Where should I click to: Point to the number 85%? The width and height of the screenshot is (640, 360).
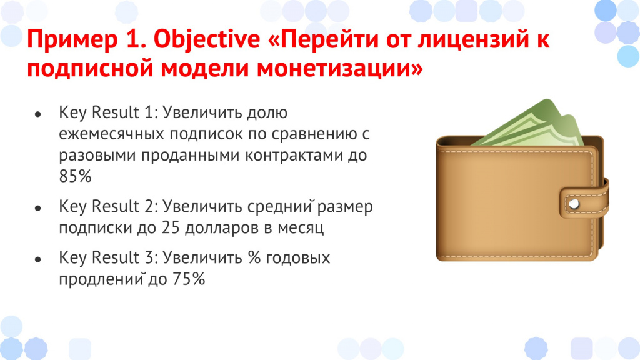tap(75, 176)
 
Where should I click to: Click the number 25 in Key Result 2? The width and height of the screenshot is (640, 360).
tap(171, 227)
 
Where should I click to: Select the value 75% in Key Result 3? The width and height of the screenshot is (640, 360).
tap(189, 279)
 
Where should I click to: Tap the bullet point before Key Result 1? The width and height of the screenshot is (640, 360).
tap(38, 115)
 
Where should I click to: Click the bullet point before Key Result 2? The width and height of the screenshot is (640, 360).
tap(38, 209)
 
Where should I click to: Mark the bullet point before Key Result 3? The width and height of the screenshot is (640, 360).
tap(38, 259)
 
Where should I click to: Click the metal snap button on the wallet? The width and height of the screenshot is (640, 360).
tap(574, 204)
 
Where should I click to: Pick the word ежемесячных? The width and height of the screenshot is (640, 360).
tap(111, 134)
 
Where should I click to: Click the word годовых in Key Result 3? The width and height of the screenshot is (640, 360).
tap(298, 259)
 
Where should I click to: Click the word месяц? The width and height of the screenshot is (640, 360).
tap(301, 228)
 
